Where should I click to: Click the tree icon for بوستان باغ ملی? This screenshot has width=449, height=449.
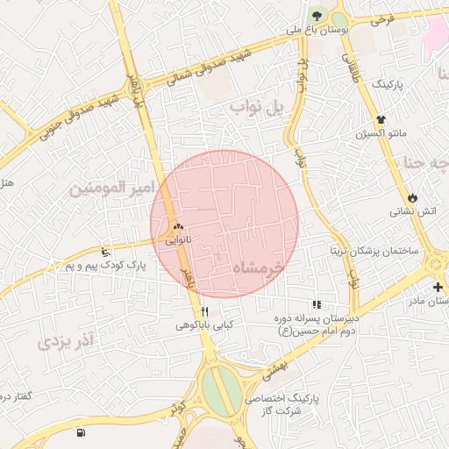[x=315, y=15]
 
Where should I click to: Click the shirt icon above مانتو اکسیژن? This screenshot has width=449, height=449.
[x=381, y=119]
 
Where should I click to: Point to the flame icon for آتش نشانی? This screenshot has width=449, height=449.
[x=413, y=196]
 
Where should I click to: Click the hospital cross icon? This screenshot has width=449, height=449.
[x=438, y=287]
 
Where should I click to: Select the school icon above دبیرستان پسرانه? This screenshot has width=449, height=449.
[x=316, y=304]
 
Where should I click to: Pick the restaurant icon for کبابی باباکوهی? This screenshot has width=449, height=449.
[x=204, y=311]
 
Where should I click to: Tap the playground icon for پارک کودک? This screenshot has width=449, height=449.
[x=106, y=252]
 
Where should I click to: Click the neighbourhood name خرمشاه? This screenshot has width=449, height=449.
[x=260, y=267]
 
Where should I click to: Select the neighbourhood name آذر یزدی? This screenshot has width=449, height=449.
[x=66, y=338]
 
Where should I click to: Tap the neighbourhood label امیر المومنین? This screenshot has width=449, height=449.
[x=112, y=188]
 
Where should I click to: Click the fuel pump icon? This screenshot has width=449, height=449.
[x=81, y=432]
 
